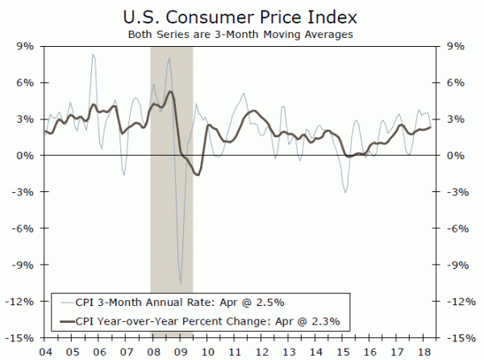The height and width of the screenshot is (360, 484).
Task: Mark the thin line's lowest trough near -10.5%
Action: coord(181,283)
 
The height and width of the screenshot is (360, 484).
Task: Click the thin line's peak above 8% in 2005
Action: coord(93,55)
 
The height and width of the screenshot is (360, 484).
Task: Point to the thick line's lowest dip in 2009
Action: coord(198,174)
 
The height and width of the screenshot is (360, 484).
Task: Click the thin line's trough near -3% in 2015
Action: coord(345,191)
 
